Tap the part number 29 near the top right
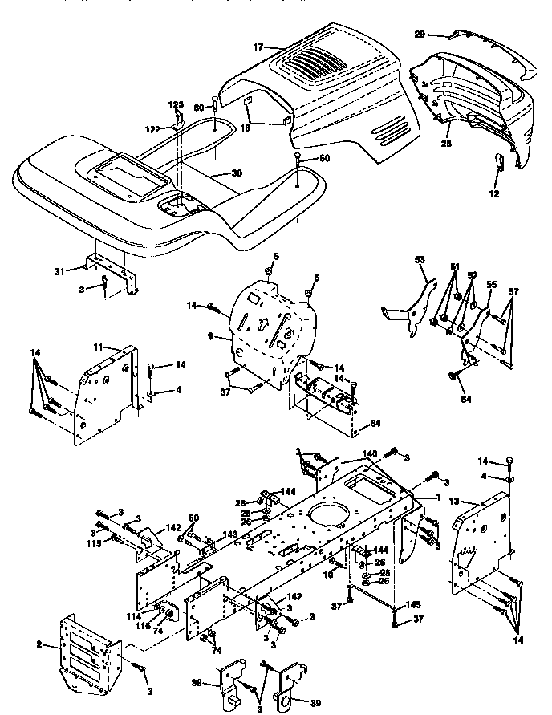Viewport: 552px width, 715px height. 441,35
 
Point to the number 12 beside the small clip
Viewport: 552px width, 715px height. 493,193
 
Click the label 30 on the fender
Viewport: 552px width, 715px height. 235,173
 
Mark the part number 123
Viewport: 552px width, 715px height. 176,104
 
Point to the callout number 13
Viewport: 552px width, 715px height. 453,500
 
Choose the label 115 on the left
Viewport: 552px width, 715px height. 95,544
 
